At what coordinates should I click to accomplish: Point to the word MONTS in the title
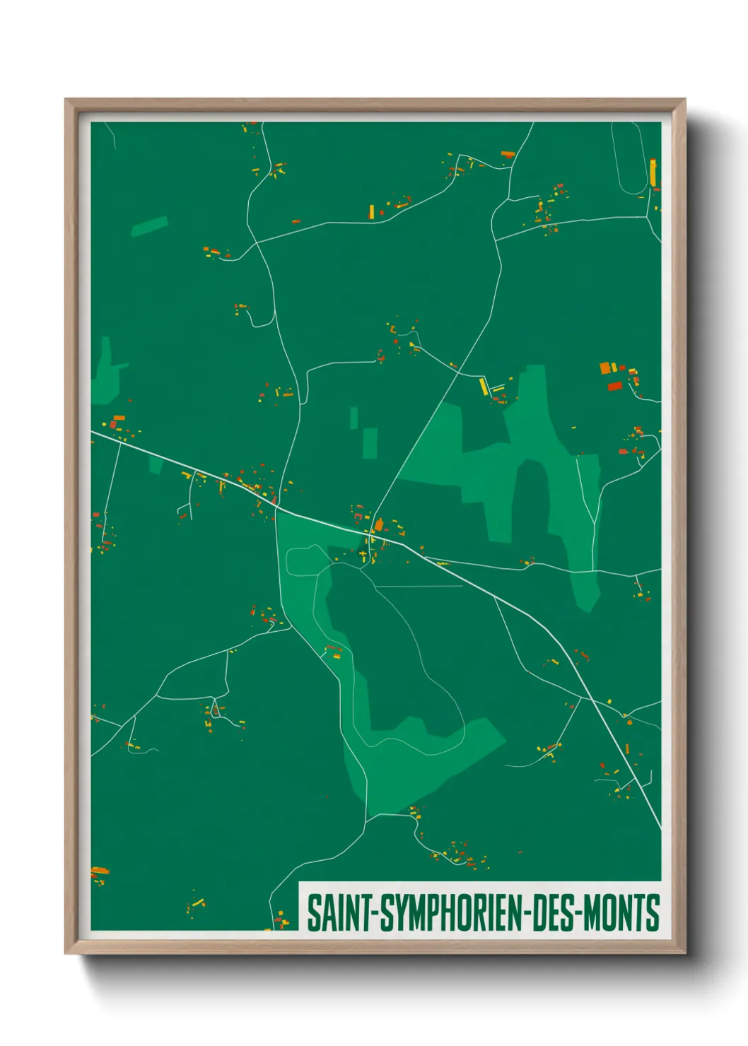(x=622, y=913)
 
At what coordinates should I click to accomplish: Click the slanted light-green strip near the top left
(x=149, y=225)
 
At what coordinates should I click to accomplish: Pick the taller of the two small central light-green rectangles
(x=370, y=443)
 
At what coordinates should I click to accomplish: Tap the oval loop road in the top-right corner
(x=629, y=158)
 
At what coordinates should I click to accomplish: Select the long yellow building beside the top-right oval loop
(x=653, y=172)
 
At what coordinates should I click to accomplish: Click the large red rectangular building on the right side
(x=614, y=386)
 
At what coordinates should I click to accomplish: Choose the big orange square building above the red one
(x=604, y=368)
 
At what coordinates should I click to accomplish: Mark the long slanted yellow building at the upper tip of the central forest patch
(x=484, y=387)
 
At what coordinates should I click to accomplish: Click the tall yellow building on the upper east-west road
(x=372, y=211)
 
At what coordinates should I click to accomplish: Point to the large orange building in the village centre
(x=379, y=524)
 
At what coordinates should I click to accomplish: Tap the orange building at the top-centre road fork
(x=508, y=153)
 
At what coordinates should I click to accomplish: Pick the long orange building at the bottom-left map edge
(x=100, y=871)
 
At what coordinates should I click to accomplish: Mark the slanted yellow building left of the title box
(x=197, y=903)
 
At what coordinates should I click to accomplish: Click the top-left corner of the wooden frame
(x=66, y=100)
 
